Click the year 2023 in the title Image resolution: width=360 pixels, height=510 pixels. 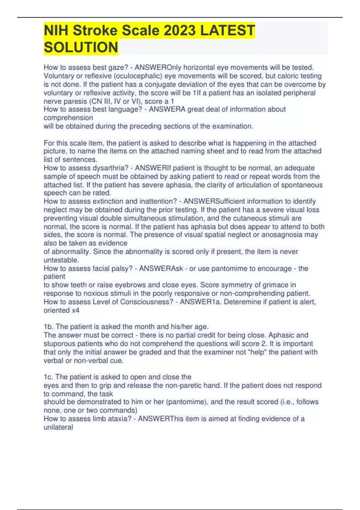pyautogui.click(x=180, y=31)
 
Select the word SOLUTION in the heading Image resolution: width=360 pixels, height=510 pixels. pyautogui.click(x=81, y=47)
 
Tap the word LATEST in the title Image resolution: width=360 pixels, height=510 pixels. pyautogui.click(x=228, y=31)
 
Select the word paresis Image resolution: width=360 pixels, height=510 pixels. pyautogui.click(x=75, y=101)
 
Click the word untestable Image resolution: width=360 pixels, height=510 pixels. pyautogui.click(x=61, y=260)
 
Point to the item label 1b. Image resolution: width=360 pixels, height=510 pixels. pyautogui.click(x=48, y=327)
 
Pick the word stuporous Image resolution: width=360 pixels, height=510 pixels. pyautogui.click(x=59, y=343)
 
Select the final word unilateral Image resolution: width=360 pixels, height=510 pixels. pyautogui.click(x=58, y=427)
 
